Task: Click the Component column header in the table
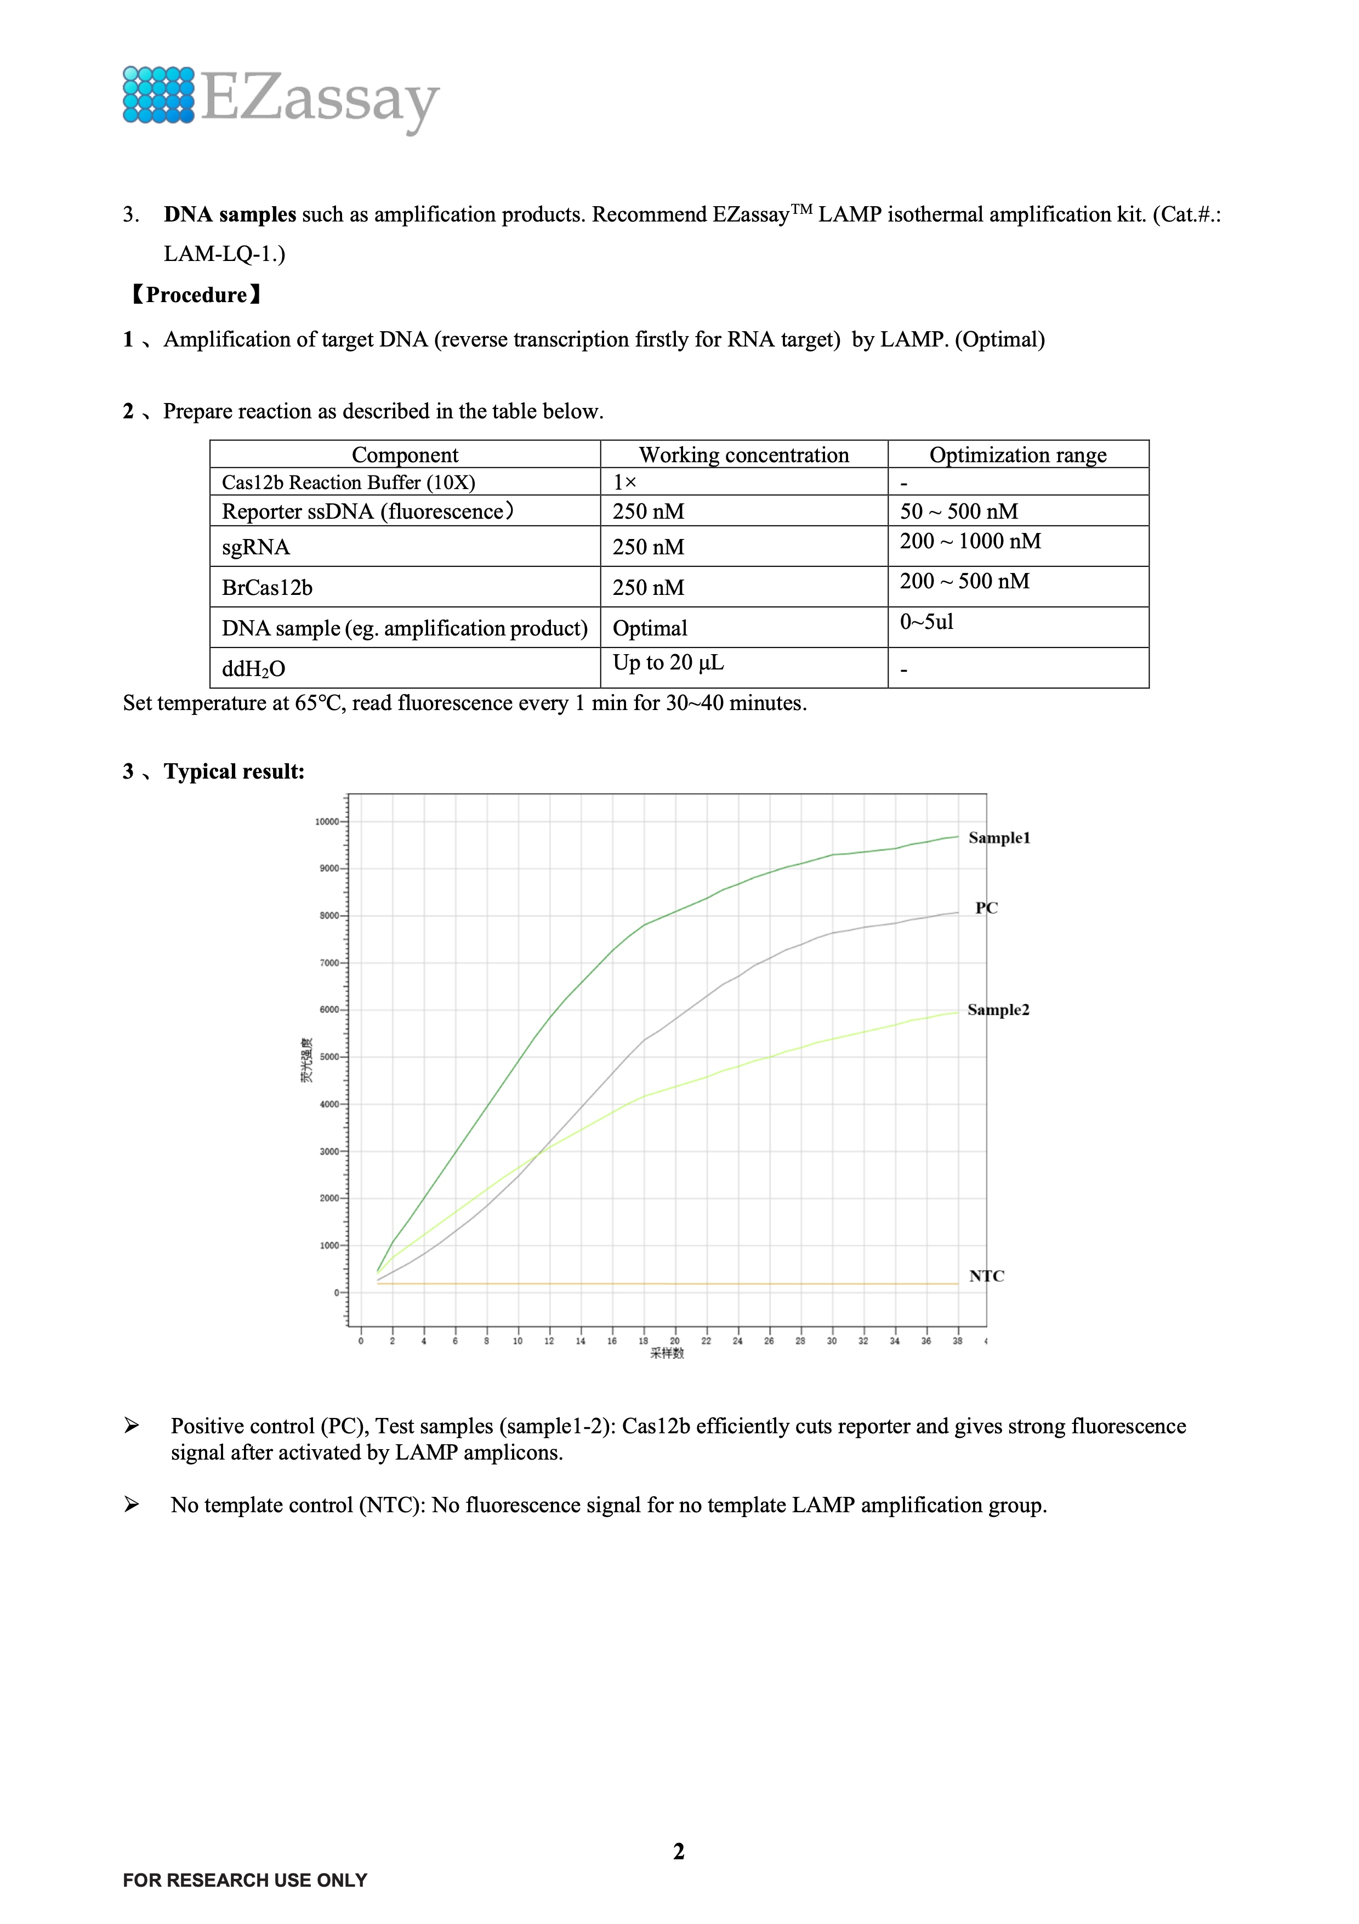[405, 455]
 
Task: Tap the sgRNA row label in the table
[255, 547]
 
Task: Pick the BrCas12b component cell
[268, 587]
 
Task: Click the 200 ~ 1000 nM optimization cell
[970, 541]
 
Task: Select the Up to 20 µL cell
[668, 663]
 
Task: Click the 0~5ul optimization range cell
[926, 622]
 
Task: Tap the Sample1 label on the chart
[999, 838]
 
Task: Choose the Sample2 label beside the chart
[998, 1010]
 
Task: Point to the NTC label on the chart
[986, 1276]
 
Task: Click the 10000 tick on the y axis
[327, 822]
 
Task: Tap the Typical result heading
[234, 772]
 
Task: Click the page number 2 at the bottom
[679, 1851]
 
